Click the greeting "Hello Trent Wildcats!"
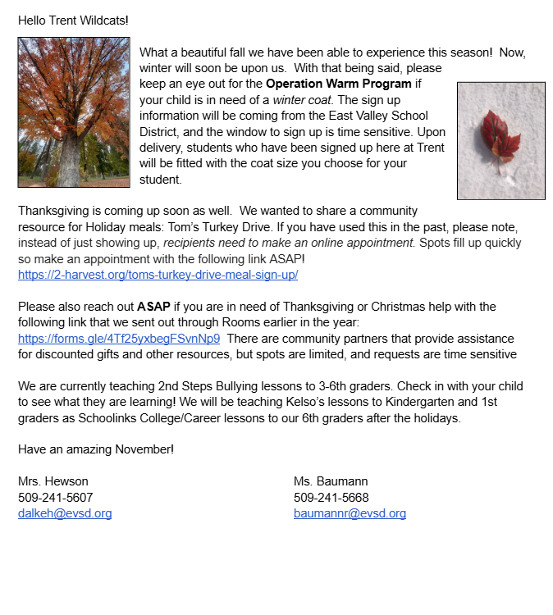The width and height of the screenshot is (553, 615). pyautogui.click(x=74, y=20)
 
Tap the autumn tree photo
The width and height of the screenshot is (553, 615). pyautogui.click(x=74, y=112)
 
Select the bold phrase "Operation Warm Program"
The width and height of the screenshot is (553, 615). pyautogui.click(x=339, y=84)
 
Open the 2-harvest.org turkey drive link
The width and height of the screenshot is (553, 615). pyautogui.click(x=158, y=275)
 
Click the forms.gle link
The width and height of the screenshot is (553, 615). pyautogui.click(x=119, y=338)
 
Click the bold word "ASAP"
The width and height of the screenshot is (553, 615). pyautogui.click(x=153, y=307)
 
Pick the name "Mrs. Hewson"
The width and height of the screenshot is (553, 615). pyautogui.click(x=53, y=481)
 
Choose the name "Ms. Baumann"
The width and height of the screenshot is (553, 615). pyautogui.click(x=331, y=481)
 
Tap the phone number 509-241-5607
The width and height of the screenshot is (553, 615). pyautogui.click(x=56, y=498)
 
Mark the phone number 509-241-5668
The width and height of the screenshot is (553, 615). pyautogui.click(x=331, y=498)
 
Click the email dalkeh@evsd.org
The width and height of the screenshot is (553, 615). pyautogui.click(x=65, y=513)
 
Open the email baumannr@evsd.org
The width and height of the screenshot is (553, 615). pyautogui.click(x=350, y=513)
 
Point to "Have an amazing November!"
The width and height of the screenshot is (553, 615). pyautogui.click(x=96, y=449)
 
